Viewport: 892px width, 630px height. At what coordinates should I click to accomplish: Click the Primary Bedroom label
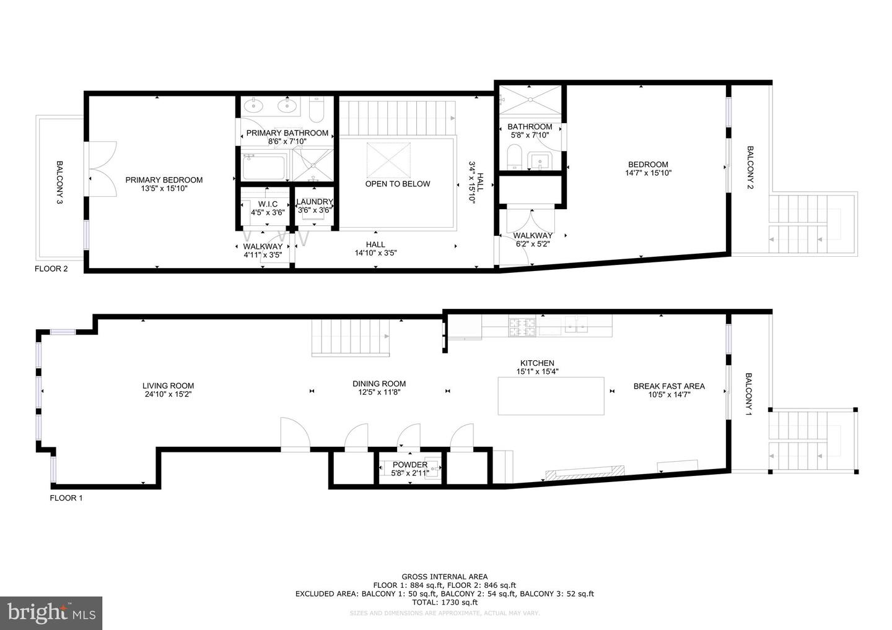click(x=164, y=180)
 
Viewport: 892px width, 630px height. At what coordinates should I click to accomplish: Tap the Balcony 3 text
click(x=60, y=183)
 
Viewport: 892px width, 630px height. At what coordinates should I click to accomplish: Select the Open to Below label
click(x=397, y=184)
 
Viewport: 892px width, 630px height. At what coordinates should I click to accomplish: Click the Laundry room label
click(x=315, y=202)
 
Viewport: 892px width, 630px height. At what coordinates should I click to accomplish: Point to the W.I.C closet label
click(x=268, y=204)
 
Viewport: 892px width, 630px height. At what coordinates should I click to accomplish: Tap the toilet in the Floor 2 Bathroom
click(x=514, y=157)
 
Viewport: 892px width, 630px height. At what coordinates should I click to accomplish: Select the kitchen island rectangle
click(x=551, y=396)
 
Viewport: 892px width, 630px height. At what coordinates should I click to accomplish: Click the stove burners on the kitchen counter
click(x=522, y=327)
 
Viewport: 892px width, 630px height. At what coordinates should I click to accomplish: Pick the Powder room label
click(x=409, y=465)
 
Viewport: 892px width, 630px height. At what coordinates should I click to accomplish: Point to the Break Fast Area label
click(x=668, y=386)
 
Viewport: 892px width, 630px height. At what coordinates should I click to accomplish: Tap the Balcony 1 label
click(x=748, y=394)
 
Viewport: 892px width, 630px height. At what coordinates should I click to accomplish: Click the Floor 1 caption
click(x=66, y=498)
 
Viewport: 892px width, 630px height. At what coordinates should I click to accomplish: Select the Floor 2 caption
click(x=51, y=269)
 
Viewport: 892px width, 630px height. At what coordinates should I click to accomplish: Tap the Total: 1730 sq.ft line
click(x=444, y=602)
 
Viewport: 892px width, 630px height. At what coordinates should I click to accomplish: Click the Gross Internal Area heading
click(x=444, y=577)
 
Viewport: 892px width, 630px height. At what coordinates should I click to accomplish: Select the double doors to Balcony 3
click(x=102, y=168)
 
